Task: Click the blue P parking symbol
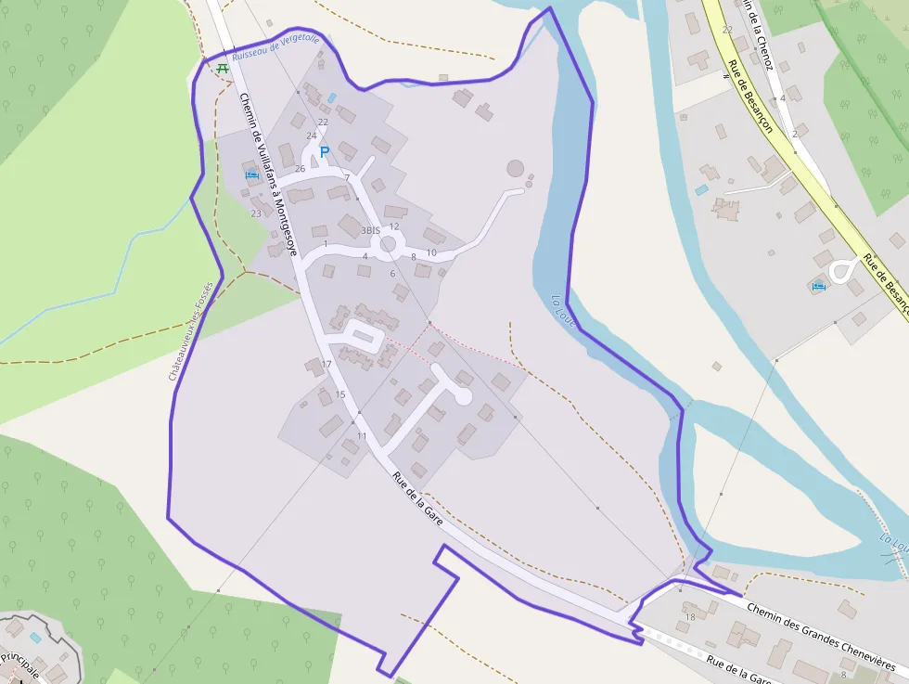point(325,151)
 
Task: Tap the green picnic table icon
point(223,68)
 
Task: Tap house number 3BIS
point(371,230)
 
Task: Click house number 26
point(300,169)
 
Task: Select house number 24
point(311,136)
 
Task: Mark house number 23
point(256,213)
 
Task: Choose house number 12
point(394,226)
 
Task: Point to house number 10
point(431,252)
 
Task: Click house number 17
point(326,365)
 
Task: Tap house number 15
point(340,395)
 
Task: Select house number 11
point(362,436)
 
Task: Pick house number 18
point(689,617)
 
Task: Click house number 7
point(347,177)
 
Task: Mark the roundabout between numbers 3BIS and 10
point(389,244)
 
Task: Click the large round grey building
point(515,169)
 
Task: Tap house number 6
point(393,274)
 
